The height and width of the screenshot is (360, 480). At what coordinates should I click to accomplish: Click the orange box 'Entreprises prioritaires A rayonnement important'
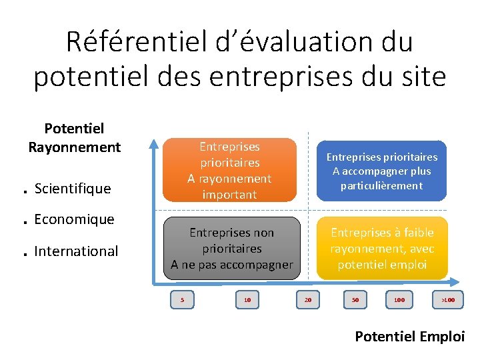[x=229, y=170]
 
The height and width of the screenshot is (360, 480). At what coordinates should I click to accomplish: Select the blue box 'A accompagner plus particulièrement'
[x=381, y=171]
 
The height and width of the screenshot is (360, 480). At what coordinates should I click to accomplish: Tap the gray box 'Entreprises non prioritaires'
[x=231, y=248]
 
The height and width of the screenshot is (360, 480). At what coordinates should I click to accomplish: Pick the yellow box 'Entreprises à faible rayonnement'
[x=382, y=248]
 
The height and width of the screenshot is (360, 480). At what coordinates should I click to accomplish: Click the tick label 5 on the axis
[x=182, y=300]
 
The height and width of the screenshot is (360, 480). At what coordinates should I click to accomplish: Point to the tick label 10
[x=247, y=300]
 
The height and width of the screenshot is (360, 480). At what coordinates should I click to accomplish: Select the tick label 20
[x=307, y=300]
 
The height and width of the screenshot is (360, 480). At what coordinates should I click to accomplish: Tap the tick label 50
[x=355, y=300]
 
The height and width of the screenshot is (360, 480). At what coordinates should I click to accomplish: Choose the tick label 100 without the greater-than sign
[x=399, y=300]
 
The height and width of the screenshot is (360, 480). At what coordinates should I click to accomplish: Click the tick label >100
[x=448, y=300]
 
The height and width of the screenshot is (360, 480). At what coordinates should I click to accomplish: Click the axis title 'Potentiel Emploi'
[x=409, y=336]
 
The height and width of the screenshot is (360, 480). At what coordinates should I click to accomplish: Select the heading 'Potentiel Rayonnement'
[x=74, y=137]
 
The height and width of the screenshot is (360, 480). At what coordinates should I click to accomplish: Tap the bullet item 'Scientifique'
[x=72, y=189]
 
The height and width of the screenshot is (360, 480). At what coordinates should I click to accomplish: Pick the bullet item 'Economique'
[x=74, y=219]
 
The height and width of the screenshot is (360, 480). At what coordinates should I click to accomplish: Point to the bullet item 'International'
[x=76, y=251]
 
